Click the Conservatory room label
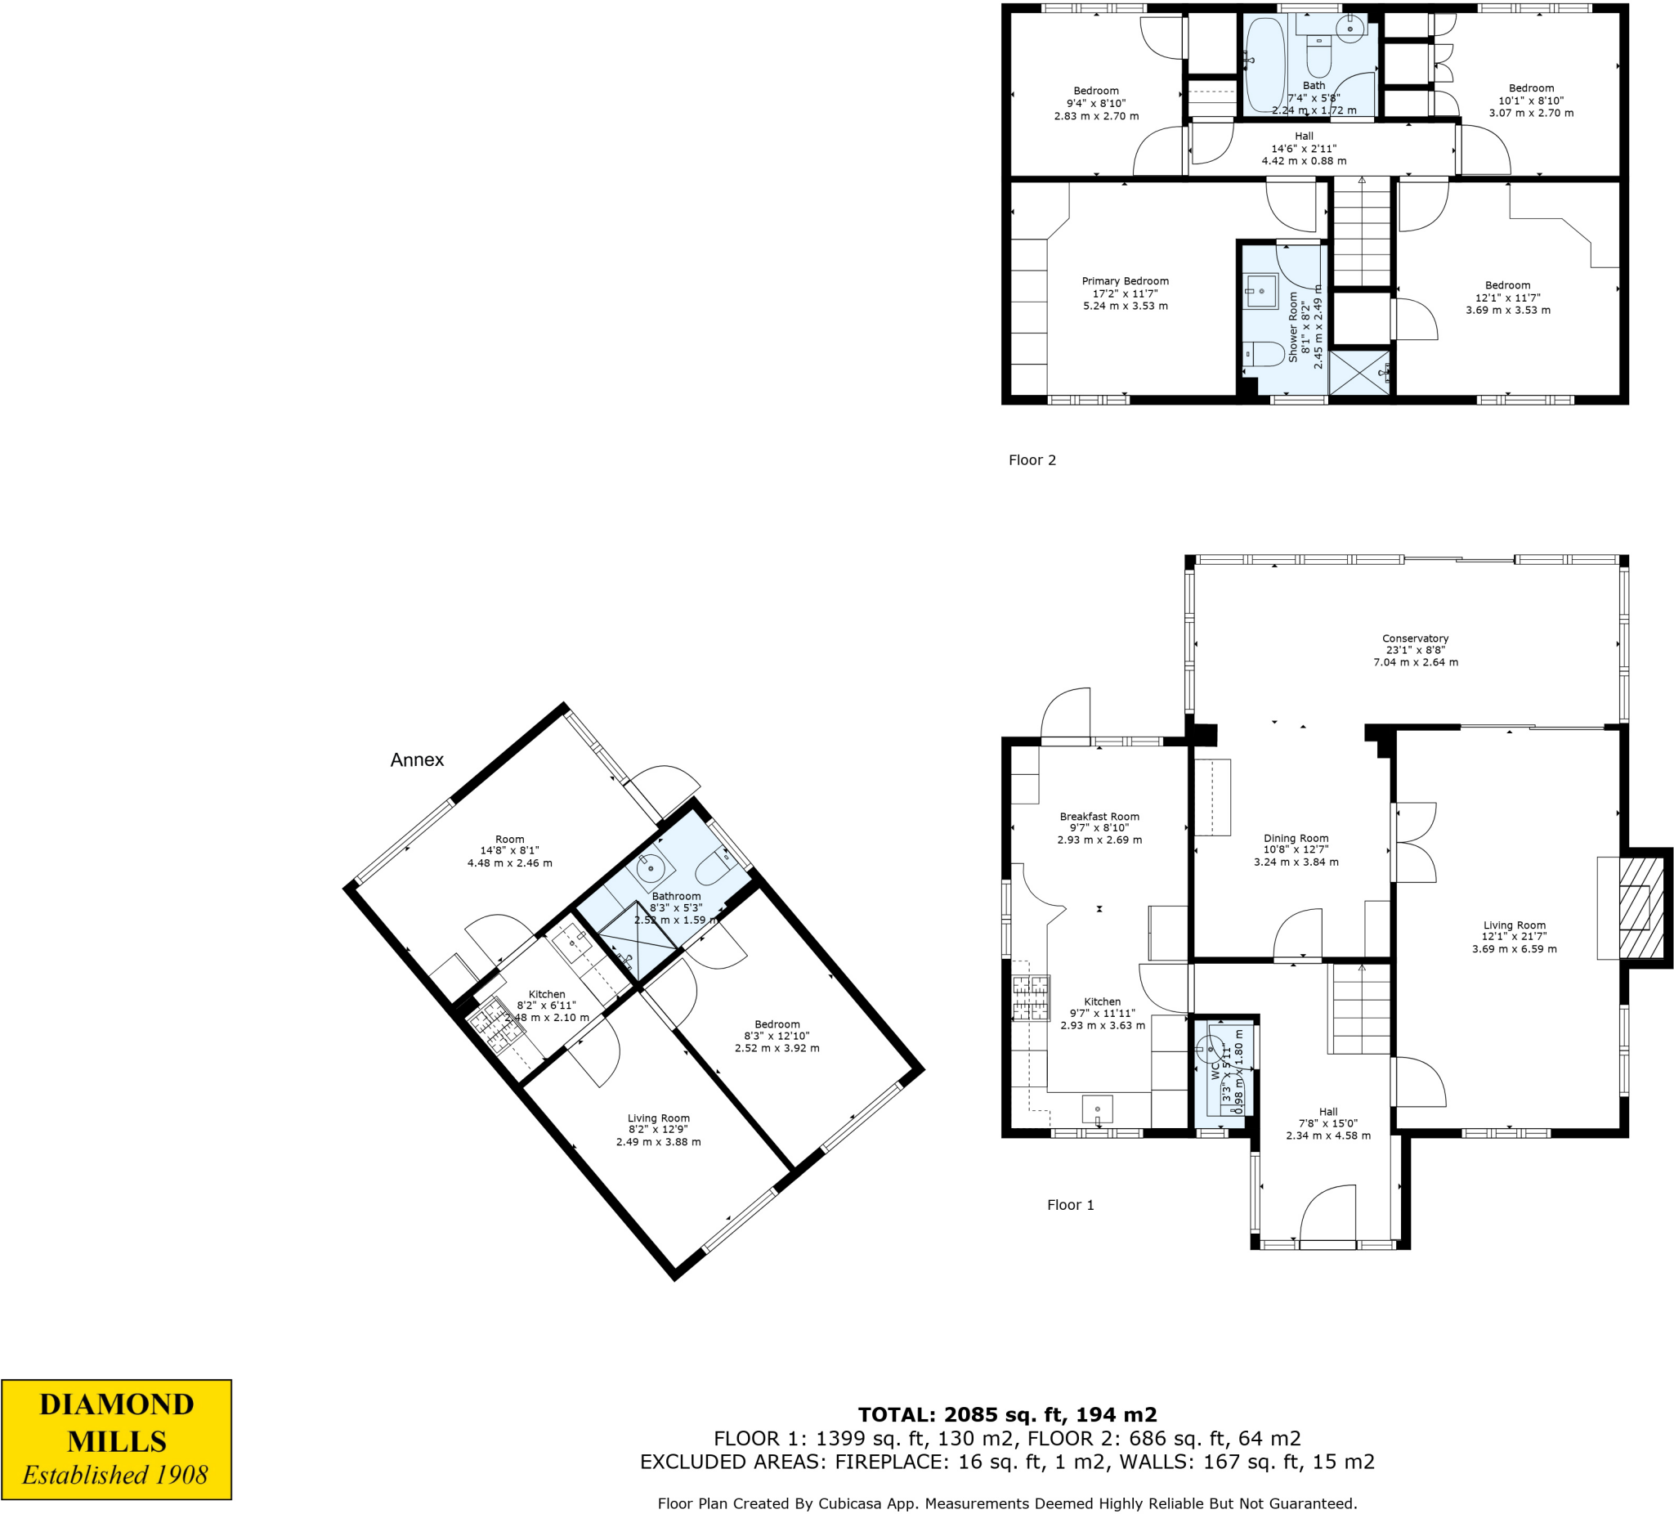pos(1415,638)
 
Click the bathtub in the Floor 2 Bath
pos(1264,65)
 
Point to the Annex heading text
pos(417,760)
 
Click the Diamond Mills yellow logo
pos(116,1440)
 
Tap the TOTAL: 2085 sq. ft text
pos(1006,1414)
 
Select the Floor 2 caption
pos(1032,460)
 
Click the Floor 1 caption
pos(1070,1205)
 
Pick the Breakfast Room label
pos(1099,817)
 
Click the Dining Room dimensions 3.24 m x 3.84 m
pos(1296,862)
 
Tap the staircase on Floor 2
pos(1362,232)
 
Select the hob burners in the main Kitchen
pos(1031,997)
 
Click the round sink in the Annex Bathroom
pos(650,870)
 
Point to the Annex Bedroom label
pos(777,1024)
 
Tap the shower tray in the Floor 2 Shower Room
pos(1358,372)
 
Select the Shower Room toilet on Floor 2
pos(1265,354)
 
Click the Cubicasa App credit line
pos(1006,1503)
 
